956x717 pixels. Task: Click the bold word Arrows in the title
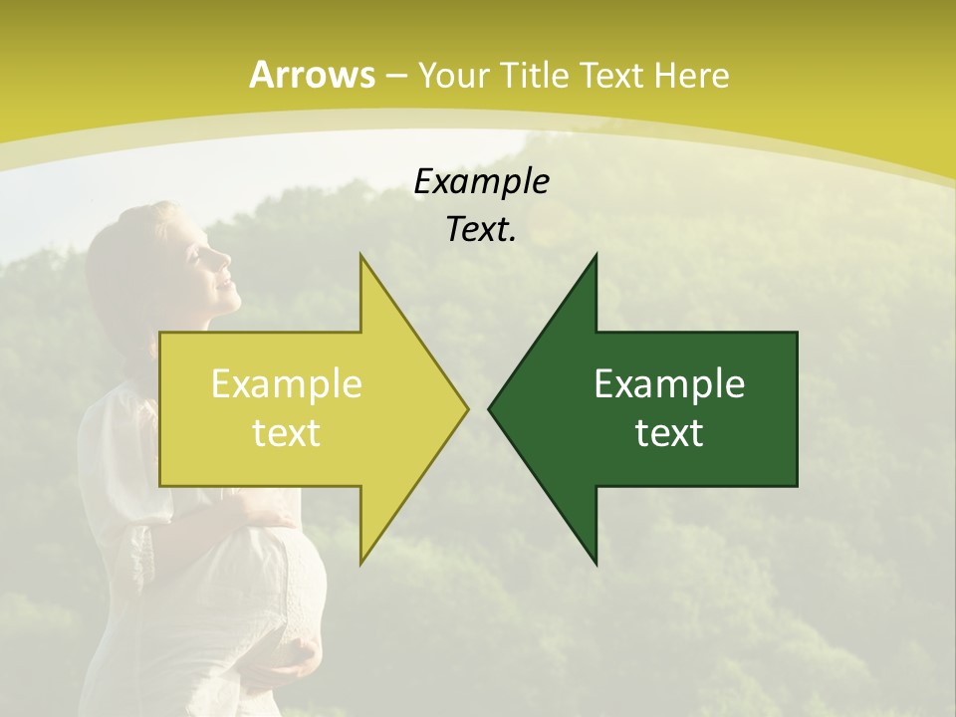tap(312, 75)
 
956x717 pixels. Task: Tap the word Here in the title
tap(691, 76)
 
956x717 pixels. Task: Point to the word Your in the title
tap(453, 76)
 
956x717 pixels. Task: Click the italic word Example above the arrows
tap(481, 181)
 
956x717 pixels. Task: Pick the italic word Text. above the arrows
tap(481, 229)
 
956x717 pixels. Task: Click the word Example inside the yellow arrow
tap(286, 383)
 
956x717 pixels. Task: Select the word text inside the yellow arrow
tap(286, 432)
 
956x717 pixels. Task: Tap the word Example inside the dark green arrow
tap(669, 383)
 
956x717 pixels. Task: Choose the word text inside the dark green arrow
tap(669, 432)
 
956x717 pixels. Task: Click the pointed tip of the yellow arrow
tap(466, 408)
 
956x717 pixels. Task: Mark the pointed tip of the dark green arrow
tap(490, 408)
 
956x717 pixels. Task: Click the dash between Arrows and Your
tap(395, 77)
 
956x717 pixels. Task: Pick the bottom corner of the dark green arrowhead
tap(596, 564)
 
